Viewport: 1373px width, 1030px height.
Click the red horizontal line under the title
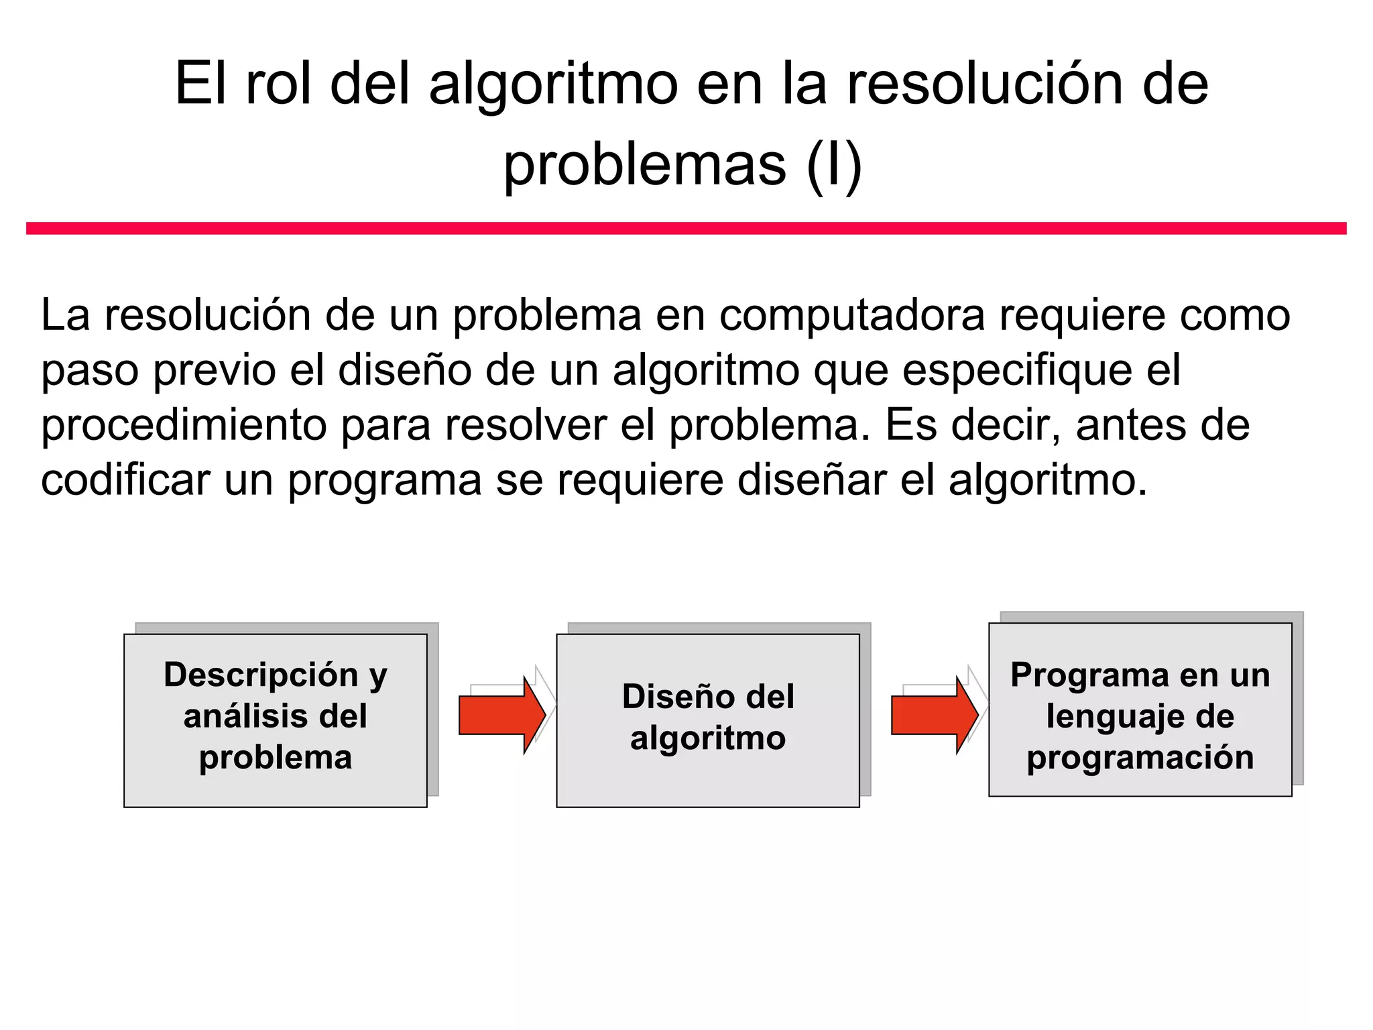[686, 229]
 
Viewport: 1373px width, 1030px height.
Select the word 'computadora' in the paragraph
[852, 315]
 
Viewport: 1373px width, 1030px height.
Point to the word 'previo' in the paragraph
[215, 370]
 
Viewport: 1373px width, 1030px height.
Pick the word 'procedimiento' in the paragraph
[183, 425]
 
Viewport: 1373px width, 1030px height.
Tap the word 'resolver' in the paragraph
[526, 425]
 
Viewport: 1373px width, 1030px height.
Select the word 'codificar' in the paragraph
[125, 480]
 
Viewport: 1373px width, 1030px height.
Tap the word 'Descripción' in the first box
[261, 675]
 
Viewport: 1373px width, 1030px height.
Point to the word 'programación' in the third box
[1140, 758]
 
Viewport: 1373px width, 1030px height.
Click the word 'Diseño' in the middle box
[678, 696]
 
